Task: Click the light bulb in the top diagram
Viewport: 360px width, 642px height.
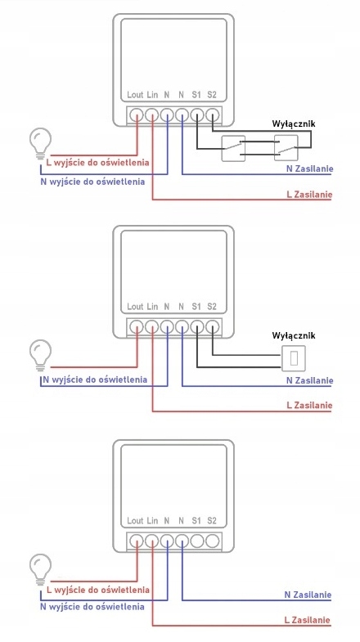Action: (40, 143)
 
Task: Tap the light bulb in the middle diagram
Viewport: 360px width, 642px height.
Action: (40, 356)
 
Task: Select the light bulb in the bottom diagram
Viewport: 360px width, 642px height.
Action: (40, 569)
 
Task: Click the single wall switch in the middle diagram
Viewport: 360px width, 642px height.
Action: (294, 358)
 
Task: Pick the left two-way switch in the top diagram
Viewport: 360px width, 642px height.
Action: (233, 148)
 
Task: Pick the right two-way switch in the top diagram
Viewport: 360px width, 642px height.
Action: (286, 148)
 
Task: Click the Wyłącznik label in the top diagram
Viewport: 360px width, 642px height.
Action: (294, 123)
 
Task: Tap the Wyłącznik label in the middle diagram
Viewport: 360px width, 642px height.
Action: (294, 335)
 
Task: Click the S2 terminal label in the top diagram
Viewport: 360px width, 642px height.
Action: (211, 95)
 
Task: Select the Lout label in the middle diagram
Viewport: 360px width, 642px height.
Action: (135, 306)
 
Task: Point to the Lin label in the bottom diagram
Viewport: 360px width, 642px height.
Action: (152, 521)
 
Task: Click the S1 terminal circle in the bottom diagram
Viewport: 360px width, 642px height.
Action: (197, 541)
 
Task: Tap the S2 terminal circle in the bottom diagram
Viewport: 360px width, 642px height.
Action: (212, 541)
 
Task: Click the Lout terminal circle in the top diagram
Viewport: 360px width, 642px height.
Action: (136, 115)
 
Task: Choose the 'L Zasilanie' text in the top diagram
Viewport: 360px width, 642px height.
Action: (309, 195)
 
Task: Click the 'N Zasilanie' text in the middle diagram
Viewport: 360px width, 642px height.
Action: (309, 380)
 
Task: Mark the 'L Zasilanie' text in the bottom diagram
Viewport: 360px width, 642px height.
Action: (307, 620)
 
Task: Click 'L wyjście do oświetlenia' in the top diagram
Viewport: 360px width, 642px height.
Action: (98, 163)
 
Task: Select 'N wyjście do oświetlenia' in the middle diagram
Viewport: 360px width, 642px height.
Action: (95, 379)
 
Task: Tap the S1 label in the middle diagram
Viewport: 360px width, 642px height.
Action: (196, 306)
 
